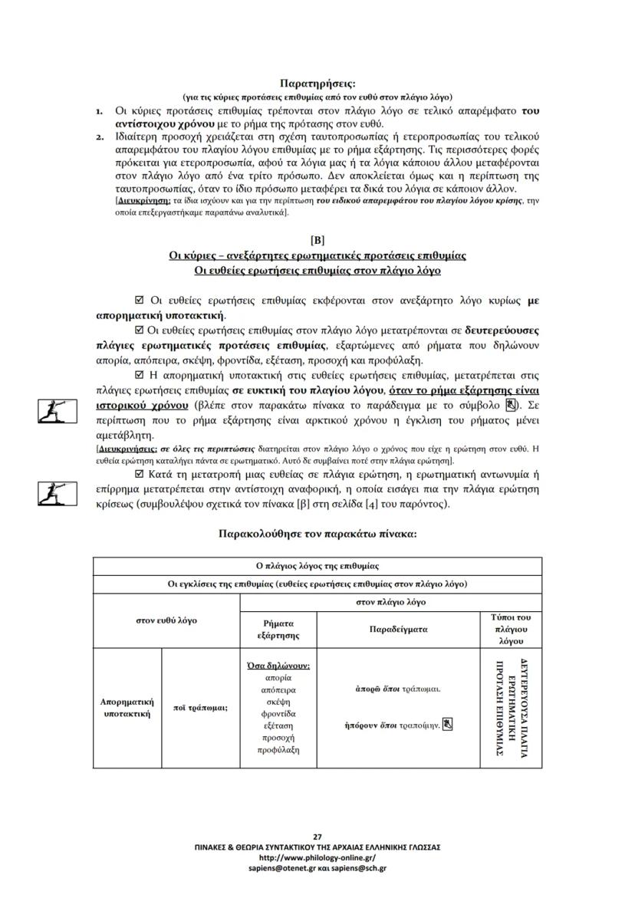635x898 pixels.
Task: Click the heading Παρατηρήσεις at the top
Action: pyautogui.click(x=317, y=84)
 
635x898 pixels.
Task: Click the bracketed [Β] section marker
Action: pyautogui.click(x=317, y=240)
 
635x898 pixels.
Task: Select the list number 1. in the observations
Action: pyautogui.click(x=100, y=111)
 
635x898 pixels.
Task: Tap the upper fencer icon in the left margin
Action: pyautogui.click(x=58, y=411)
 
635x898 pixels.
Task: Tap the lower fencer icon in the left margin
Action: pyautogui.click(x=58, y=493)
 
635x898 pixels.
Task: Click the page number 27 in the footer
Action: pyautogui.click(x=317, y=836)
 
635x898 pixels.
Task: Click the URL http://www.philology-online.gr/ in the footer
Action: pyautogui.click(x=317, y=857)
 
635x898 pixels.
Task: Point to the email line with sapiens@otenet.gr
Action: pyautogui.click(x=317, y=868)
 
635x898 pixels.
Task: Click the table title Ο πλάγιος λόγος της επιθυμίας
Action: pyautogui.click(x=317, y=566)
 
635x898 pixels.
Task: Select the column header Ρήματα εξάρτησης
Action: pyautogui.click(x=278, y=630)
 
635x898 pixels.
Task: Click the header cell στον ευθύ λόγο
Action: pyautogui.click(x=166, y=620)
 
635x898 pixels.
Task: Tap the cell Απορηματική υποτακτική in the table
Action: pyautogui.click(x=127, y=707)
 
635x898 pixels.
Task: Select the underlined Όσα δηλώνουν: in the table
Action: pyautogui.click(x=278, y=665)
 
